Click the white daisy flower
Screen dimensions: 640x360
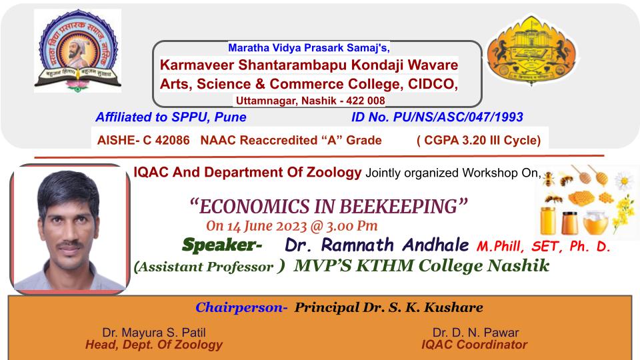[x=624, y=181]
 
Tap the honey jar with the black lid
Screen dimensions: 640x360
[x=569, y=223]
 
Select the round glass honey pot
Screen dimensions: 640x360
[x=595, y=223]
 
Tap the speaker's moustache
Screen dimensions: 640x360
[x=69, y=244]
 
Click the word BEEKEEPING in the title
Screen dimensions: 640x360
[x=399, y=207]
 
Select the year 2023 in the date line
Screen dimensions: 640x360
[x=291, y=226]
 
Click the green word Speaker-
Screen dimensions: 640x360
[x=222, y=245]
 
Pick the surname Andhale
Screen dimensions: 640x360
[x=435, y=245]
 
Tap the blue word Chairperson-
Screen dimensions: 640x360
[x=241, y=307]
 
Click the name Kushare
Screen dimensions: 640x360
[x=453, y=307]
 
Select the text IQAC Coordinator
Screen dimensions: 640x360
[x=474, y=345]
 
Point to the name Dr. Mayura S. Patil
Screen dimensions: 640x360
[x=154, y=332]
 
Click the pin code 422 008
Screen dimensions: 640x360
[x=365, y=101]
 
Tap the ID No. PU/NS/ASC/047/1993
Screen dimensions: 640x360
[x=437, y=117]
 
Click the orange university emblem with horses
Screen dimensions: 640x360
[x=531, y=51]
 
